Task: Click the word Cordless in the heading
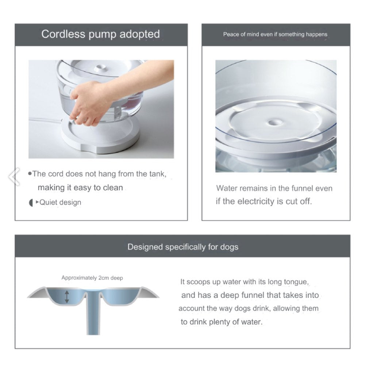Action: click(x=63, y=34)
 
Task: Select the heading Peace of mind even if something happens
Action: click(x=275, y=34)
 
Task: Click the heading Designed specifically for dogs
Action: click(x=183, y=247)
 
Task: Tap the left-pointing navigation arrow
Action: click(x=15, y=177)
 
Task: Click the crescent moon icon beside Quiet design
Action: click(x=31, y=203)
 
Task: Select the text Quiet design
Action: click(x=60, y=202)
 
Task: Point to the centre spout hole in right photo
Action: click(x=272, y=122)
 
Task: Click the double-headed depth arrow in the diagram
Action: click(x=67, y=297)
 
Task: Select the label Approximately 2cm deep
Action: click(x=92, y=278)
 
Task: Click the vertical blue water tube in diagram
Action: click(x=93, y=313)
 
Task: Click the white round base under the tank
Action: click(x=100, y=137)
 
